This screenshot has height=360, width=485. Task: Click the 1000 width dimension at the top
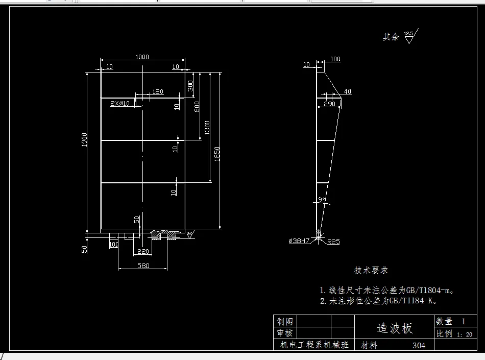coord(142,57)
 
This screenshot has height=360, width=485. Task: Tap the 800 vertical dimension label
coord(197,106)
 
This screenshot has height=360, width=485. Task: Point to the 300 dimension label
coord(190,85)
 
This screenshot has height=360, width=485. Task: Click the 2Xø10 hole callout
coord(120,104)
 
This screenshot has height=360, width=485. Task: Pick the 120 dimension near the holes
coord(158,92)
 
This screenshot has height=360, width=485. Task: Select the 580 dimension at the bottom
coord(142,266)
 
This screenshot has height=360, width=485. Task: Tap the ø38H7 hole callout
coord(299,241)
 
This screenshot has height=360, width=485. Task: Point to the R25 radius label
coord(333,242)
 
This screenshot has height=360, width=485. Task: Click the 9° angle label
coord(321,199)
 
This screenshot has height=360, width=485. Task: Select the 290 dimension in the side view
coord(329,104)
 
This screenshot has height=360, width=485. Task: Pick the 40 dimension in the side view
coord(348,92)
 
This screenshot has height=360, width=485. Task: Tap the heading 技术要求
coord(371,270)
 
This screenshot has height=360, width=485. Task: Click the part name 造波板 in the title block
coord(394,328)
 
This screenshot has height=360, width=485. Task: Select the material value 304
coord(419,346)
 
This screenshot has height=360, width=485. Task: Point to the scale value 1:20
coord(465,334)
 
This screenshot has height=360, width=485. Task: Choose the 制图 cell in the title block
coord(285,321)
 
